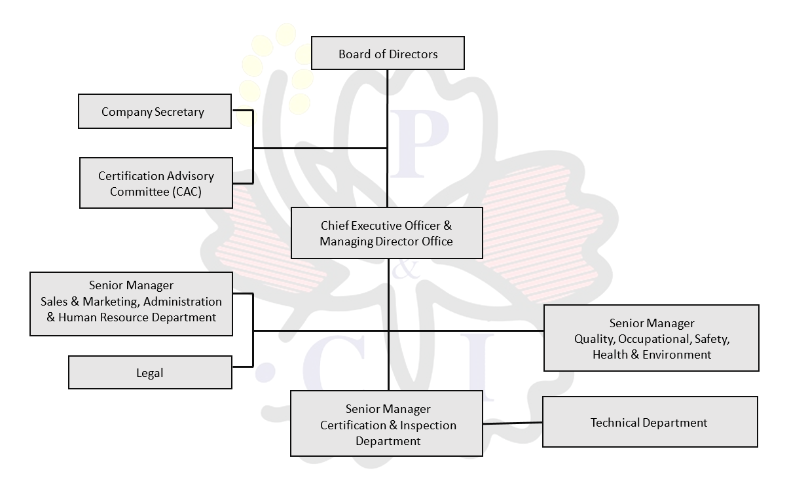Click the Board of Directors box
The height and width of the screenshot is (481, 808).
(x=388, y=53)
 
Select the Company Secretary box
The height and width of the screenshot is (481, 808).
(x=155, y=111)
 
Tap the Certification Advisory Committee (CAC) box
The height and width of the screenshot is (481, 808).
(x=156, y=183)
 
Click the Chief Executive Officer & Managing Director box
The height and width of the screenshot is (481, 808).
(x=386, y=233)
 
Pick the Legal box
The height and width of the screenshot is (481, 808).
(x=150, y=372)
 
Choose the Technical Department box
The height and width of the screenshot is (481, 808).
(x=650, y=422)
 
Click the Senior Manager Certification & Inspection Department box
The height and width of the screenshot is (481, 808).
(x=386, y=424)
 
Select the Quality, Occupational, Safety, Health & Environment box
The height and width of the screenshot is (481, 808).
(x=651, y=338)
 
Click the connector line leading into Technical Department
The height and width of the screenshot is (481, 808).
(x=513, y=423)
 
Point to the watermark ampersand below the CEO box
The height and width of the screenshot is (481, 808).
(x=407, y=270)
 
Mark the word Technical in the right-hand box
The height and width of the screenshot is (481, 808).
(x=615, y=423)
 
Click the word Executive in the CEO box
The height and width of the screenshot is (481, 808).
(x=376, y=226)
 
